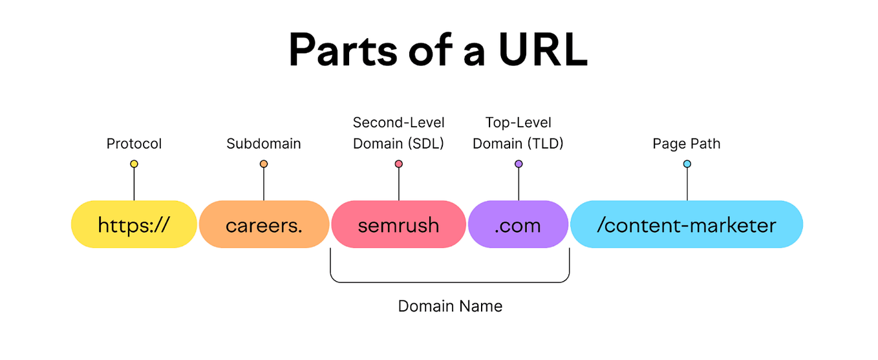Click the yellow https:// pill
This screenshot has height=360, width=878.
[134, 224]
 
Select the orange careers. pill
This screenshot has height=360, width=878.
[264, 224]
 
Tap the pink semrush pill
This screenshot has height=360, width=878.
[398, 224]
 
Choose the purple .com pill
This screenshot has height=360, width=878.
[518, 224]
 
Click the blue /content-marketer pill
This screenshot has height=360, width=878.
[686, 224]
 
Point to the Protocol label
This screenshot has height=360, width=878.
[134, 143]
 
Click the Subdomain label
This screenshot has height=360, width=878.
[264, 143]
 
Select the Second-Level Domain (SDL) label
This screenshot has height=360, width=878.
[398, 133]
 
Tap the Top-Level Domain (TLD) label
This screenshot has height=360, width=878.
[518, 133]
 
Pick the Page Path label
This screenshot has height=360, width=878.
[686, 143]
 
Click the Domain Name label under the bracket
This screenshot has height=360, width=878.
[450, 306]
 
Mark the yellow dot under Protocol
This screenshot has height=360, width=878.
[134, 164]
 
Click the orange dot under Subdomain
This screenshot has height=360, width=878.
[264, 164]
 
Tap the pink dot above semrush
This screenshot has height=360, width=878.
[399, 164]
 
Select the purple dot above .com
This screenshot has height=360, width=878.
[519, 164]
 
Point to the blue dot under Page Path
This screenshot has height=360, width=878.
[687, 164]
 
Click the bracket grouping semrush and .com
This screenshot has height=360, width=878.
[450, 282]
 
